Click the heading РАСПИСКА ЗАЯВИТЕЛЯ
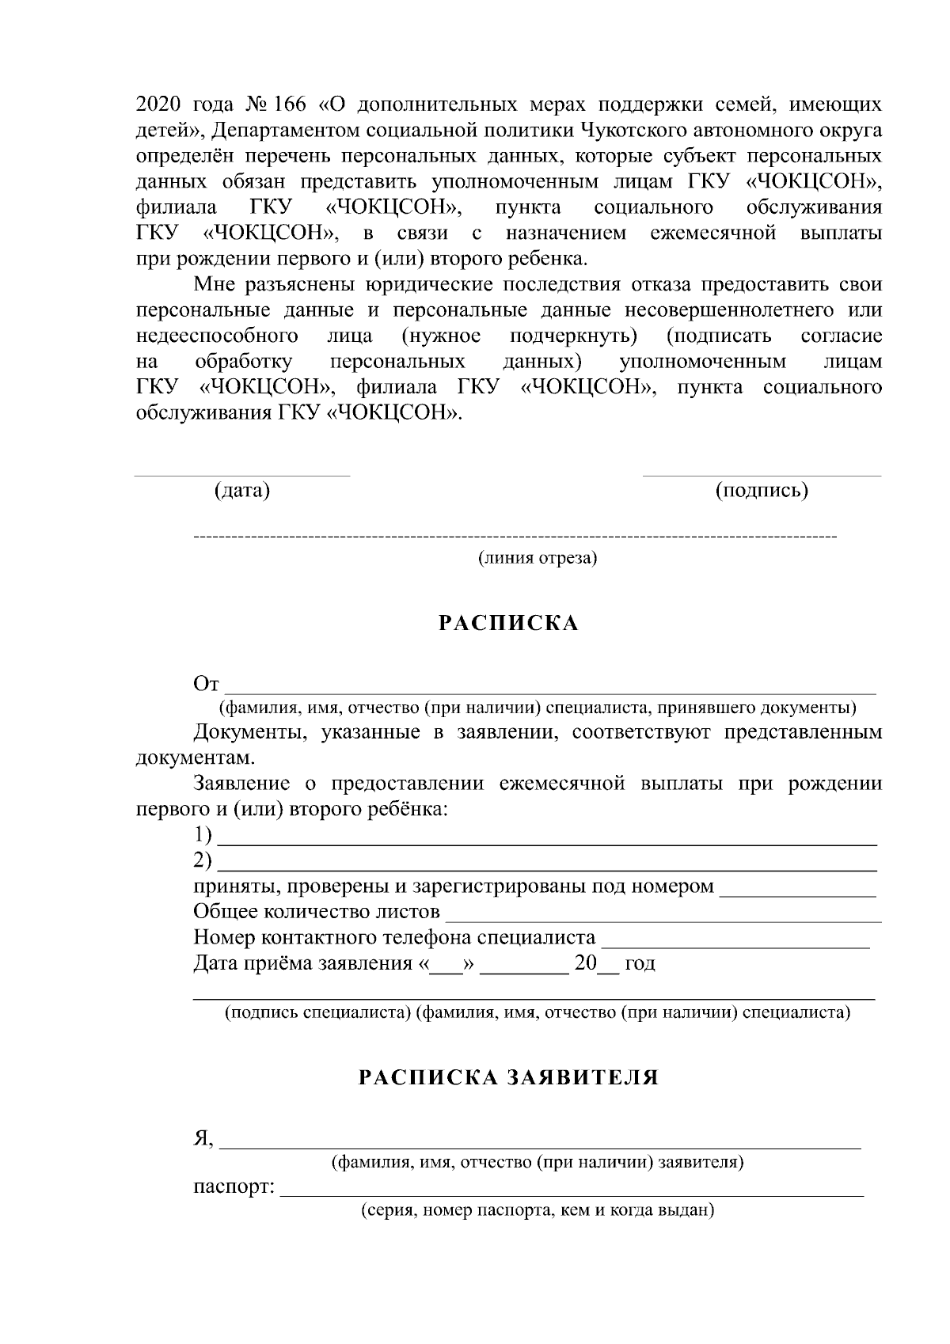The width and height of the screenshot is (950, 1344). pos(508,1077)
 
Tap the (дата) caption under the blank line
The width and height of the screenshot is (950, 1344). pos(242,491)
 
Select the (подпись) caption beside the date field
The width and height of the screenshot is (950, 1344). pos(762,491)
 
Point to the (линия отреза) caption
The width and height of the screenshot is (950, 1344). pos(537,558)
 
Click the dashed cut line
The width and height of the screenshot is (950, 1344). pos(515,538)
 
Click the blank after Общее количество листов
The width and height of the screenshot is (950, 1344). pos(663,921)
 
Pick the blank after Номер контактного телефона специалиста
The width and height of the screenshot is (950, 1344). pos(735,946)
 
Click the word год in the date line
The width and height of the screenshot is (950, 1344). pos(640,964)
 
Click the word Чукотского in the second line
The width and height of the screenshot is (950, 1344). pos(638,131)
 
